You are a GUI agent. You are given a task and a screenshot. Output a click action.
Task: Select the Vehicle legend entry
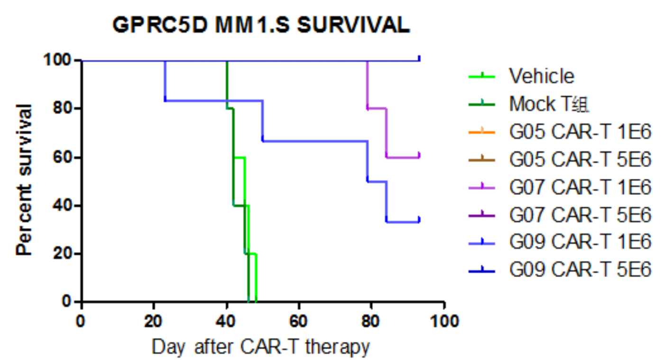[x=542, y=76]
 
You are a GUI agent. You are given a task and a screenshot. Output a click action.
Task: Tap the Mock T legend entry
[x=549, y=104]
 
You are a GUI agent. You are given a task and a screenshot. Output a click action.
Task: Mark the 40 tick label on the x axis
[x=226, y=321]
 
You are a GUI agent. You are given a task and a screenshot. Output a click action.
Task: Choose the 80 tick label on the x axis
[x=371, y=321]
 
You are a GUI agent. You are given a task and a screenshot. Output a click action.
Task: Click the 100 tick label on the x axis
[x=443, y=321]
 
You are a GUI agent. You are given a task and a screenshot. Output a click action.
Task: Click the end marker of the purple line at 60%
[x=419, y=155]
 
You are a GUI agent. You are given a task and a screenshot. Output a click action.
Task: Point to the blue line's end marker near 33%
[x=419, y=220]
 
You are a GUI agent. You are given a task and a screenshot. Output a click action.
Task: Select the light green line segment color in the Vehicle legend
[x=481, y=76]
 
